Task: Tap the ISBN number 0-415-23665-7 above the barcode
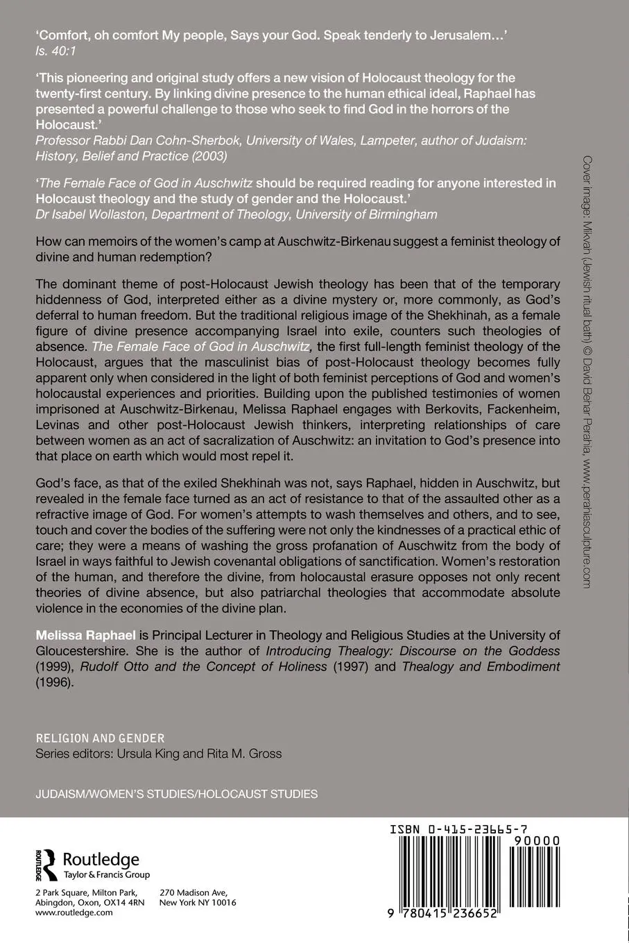coord(458,829)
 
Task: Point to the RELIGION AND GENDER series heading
coord(100,738)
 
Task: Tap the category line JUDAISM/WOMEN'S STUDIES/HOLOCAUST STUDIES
coord(176,794)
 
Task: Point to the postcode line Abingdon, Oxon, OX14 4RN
coord(89,903)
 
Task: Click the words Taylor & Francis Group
coord(107,875)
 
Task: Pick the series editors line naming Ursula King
coord(158,754)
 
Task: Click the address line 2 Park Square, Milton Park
coord(86,892)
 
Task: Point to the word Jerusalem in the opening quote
coord(454,35)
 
